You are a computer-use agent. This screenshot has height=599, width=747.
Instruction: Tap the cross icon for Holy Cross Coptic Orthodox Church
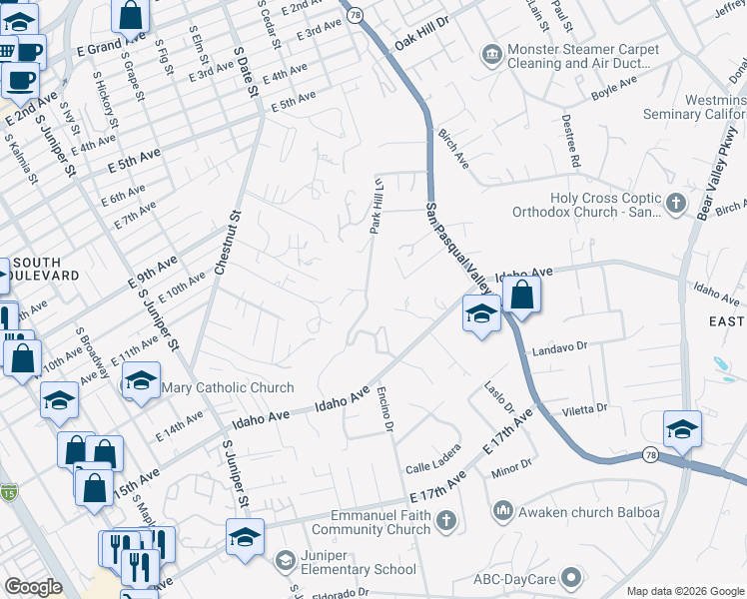(676, 204)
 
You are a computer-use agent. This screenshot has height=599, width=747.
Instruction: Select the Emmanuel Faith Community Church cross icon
(445, 521)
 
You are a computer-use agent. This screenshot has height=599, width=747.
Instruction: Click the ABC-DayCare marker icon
(571, 576)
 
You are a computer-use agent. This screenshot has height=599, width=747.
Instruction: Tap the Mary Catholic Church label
(228, 387)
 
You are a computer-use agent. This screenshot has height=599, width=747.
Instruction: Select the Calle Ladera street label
(433, 460)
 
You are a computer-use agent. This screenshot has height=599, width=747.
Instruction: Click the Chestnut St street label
(227, 243)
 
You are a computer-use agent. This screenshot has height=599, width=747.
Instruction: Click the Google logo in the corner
(33, 587)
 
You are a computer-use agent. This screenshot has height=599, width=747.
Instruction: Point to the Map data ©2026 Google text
(684, 590)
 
